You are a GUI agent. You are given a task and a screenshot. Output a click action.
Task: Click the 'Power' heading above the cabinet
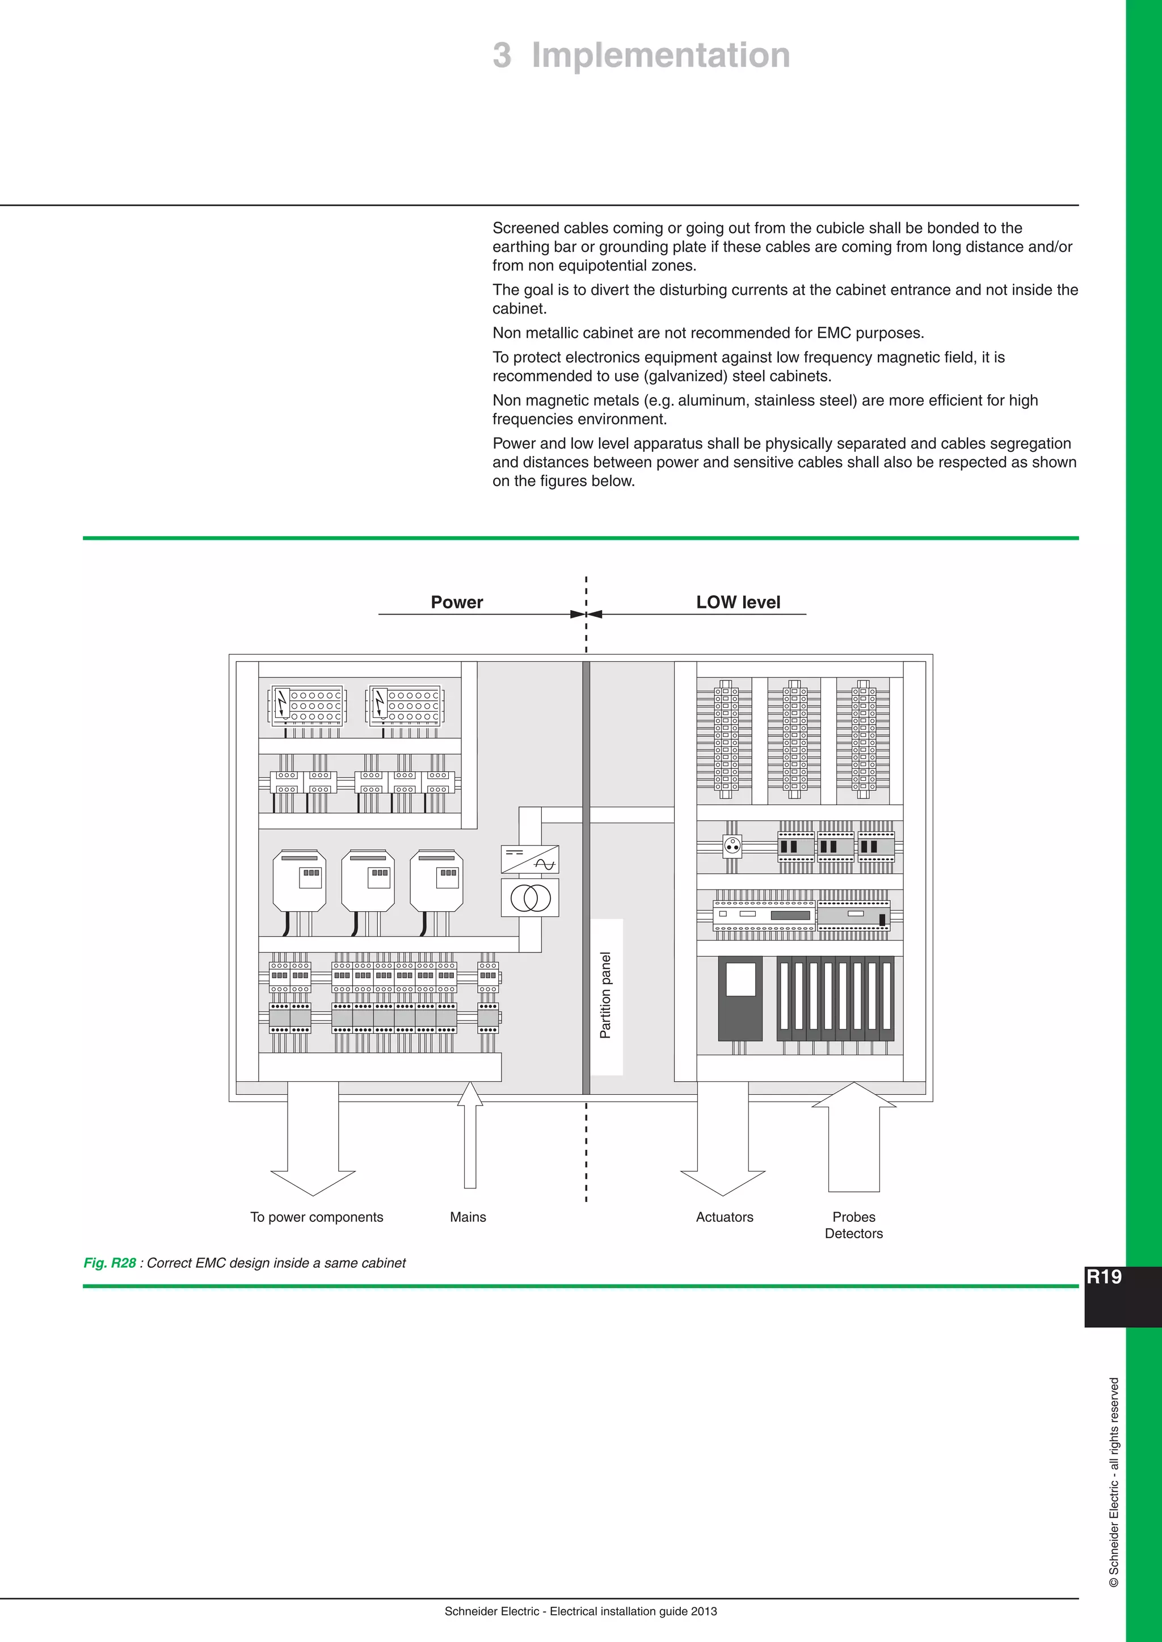457,602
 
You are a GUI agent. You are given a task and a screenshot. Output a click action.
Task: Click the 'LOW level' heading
738,602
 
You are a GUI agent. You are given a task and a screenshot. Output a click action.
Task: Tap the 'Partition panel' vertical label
606,996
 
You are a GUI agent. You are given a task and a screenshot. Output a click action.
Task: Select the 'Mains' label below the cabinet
468,1217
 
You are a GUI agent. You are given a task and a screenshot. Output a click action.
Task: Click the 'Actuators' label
724,1217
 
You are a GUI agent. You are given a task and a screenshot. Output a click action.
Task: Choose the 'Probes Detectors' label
853,1225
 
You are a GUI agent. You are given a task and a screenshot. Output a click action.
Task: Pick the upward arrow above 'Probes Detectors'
853,1137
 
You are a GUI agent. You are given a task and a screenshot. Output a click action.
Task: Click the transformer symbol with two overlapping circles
530,898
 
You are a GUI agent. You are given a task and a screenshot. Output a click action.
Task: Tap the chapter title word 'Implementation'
660,55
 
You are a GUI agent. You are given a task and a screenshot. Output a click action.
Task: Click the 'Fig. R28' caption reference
110,1263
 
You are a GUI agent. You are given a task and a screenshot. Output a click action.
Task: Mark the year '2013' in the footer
704,1611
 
